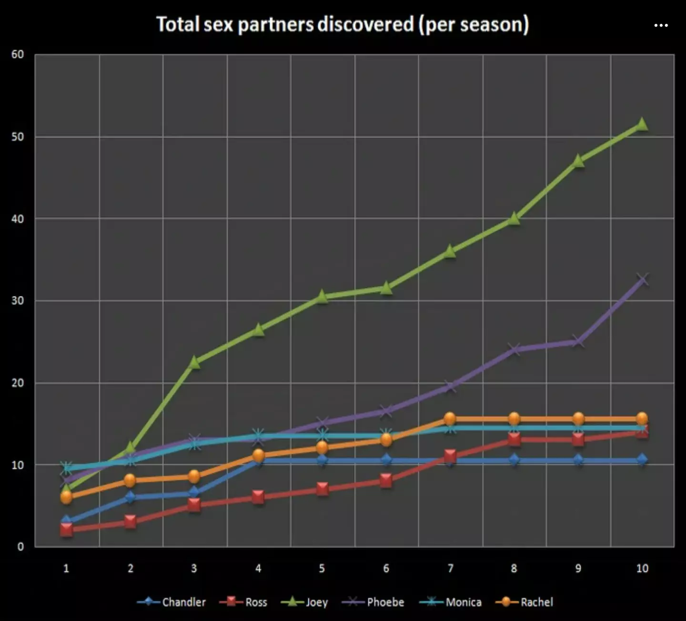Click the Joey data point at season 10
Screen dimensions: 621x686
(642, 124)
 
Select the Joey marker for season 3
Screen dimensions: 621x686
(194, 362)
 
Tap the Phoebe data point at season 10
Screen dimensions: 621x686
(642, 279)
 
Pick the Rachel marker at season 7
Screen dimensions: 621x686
(450, 419)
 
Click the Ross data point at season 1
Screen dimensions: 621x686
(66, 530)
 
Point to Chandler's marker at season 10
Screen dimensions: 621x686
(642, 460)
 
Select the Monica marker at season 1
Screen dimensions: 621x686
(66, 468)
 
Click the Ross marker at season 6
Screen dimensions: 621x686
(386, 480)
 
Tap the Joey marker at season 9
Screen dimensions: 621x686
(578, 161)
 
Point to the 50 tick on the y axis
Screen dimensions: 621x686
(18, 137)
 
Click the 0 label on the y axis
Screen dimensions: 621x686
(20, 547)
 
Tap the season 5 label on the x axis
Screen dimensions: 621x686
(322, 569)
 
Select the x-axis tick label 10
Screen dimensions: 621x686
(642, 569)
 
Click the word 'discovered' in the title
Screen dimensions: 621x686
(365, 24)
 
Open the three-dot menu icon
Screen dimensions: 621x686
(661, 25)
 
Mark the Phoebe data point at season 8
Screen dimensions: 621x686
(514, 350)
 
